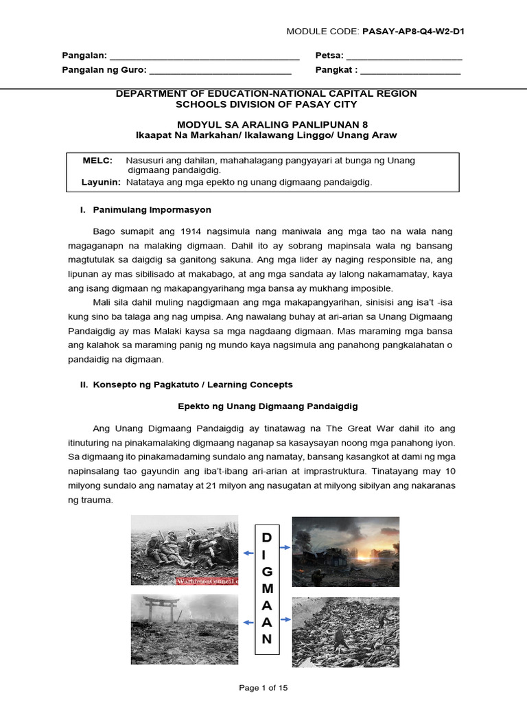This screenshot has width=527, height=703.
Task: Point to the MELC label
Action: coord(97,160)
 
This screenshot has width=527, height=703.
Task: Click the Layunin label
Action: coord(101,182)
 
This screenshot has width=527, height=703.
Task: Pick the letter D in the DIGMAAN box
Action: coord(267,536)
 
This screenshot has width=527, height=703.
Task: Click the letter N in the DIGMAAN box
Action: coord(267,639)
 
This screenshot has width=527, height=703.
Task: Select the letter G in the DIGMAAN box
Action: coord(267,571)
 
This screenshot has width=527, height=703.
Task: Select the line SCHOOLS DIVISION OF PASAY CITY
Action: coord(266,104)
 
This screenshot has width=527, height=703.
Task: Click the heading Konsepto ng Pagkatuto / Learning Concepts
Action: coord(192,384)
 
